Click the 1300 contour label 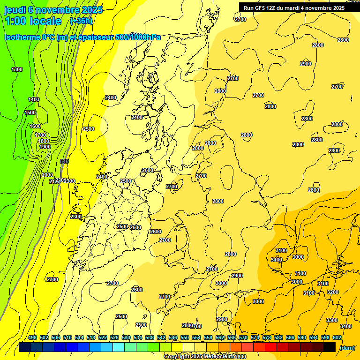pos(17,69)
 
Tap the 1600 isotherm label pos(35,126)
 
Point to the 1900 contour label pos(45,147)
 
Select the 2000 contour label pos(47,175)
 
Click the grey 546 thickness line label pos(65,161)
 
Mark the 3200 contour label pos(333,292)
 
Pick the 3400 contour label pos(346,326)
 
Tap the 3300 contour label pos(332,320)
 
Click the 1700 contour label pos(41,135)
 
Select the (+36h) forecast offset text pos(81,21)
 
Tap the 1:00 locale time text pos(33,21)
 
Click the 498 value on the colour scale pos(32,337)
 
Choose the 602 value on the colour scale pos(337,337)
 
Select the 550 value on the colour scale pos(185,337)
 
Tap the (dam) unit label pos(347,347)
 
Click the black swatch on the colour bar pos(330,347)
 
